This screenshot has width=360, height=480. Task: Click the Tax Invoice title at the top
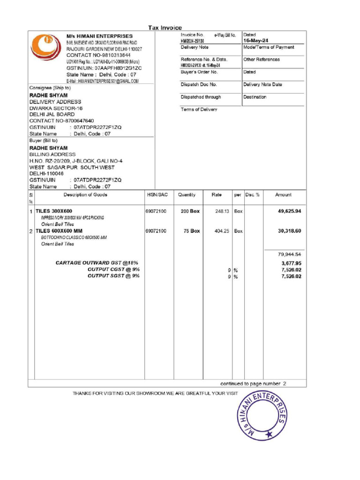coord(165,28)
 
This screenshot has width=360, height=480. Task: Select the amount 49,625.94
coord(289,211)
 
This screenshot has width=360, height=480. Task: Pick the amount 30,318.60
coord(289,231)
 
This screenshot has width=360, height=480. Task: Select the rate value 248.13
coord(222,211)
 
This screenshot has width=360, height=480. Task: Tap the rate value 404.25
coord(222,231)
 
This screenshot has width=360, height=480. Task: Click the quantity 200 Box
coord(190,211)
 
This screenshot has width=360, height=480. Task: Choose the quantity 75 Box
coord(191,231)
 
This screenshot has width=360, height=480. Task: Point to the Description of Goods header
coord(85,195)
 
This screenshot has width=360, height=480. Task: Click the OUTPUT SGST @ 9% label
coord(113,276)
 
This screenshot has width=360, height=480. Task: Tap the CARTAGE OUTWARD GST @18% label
coord(97,263)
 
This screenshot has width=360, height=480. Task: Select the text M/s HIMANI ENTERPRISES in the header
coord(99,36)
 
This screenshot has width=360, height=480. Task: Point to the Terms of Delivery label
coord(199,109)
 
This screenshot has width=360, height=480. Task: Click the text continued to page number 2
coord(253,383)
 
